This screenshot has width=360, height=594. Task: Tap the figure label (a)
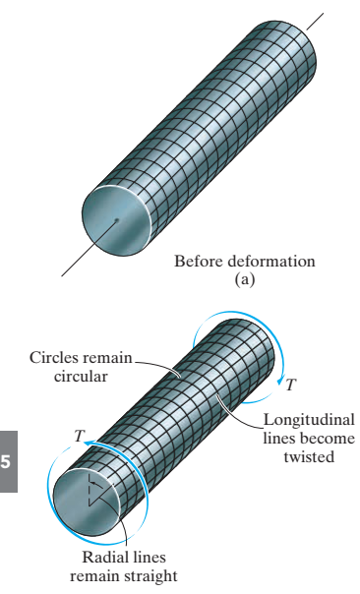coord(244,279)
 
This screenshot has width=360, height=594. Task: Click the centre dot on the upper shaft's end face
coord(117,220)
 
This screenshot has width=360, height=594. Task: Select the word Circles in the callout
coord(54,358)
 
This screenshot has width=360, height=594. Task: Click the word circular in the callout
coord(81,377)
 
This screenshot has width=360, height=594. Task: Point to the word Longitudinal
coord(309,420)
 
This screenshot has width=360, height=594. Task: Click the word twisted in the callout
coord(309,456)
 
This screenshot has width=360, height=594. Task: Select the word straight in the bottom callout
coord(150,576)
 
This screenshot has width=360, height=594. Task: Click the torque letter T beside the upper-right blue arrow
coord(290,385)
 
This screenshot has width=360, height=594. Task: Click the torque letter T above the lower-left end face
coord(80,436)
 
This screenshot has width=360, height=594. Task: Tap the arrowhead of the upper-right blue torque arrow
coord(280,380)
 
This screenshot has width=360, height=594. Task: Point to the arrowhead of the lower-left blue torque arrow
coord(89,443)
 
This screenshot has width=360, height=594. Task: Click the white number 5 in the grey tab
coord(6,462)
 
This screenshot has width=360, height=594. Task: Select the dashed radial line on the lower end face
coord(89,490)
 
